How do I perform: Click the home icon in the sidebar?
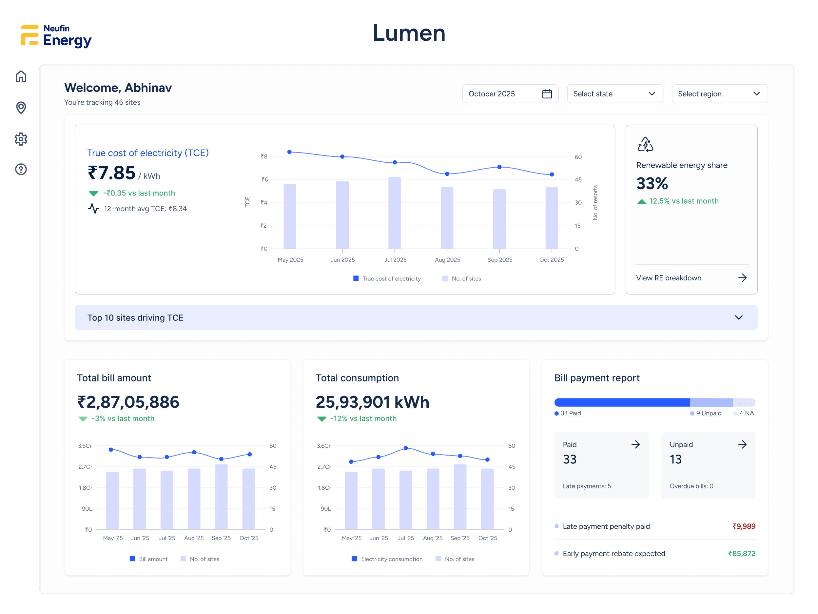[x=21, y=77]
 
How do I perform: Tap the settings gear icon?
[x=21, y=139]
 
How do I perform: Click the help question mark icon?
[x=21, y=170]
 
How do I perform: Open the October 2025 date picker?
[x=510, y=93]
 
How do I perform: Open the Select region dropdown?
[x=719, y=93]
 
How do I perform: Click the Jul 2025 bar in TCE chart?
[x=395, y=213]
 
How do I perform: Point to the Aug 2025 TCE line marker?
[x=447, y=174]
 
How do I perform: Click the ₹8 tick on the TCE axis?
[x=264, y=156]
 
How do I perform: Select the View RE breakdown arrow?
[x=742, y=278]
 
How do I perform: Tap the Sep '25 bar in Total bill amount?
[x=221, y=497]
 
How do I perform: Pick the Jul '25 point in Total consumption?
[x=406, y=448]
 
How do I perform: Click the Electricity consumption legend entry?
[x=387, y=559]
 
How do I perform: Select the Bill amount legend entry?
[x=149, y=559]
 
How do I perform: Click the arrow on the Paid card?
[x=635, y=444]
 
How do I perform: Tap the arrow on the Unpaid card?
[x=742, y=444]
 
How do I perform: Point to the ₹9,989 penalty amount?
[x=744, y=526]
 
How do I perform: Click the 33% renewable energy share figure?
[x=652, y=183]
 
